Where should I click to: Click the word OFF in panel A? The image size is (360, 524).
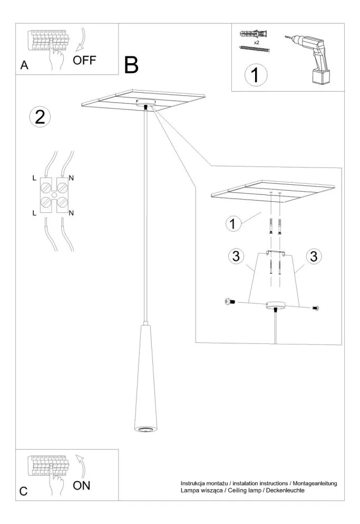tap(84, 60)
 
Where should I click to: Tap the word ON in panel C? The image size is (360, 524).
tap(81, 485)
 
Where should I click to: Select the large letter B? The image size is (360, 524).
tap(131, 65)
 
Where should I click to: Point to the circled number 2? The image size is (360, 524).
tap(40, 117)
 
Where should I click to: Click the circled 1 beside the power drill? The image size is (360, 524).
tap(255, 75)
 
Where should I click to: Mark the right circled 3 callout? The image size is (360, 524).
tap(314, 258)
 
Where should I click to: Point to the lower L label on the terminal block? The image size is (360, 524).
tap(35, 212)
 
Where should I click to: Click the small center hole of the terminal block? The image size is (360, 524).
tap(53, 195)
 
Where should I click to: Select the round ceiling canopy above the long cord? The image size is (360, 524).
tap(145, 104)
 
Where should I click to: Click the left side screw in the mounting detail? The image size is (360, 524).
tap(229, 301)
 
